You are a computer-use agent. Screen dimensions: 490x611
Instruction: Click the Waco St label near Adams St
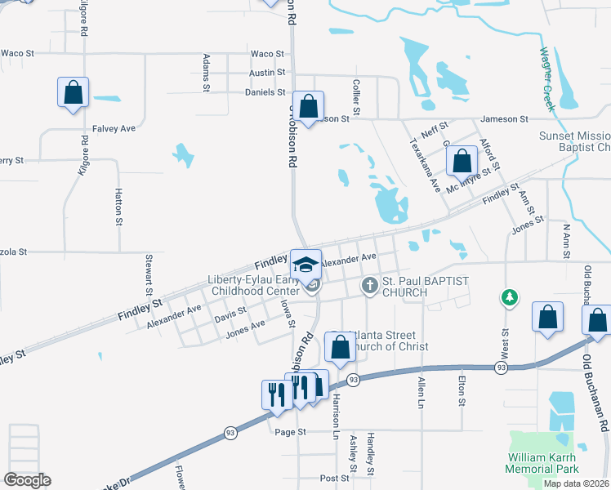click(267, 54)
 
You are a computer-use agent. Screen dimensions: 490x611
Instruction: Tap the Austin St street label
click(267, 73)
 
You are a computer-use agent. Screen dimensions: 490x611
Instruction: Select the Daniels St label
click(265, 92)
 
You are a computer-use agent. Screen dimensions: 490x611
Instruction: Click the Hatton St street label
click(118, 209)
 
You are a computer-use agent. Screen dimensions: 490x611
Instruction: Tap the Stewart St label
click(149, 274)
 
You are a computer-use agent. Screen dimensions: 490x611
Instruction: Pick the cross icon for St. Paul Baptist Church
click(369, 286)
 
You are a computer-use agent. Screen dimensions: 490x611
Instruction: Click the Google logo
click(27, 480)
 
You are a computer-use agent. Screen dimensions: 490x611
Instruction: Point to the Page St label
click(290, 431)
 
